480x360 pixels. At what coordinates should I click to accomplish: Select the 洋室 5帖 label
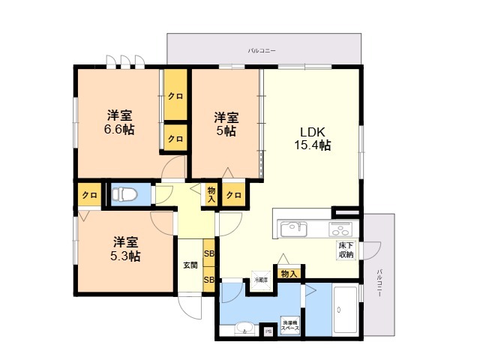click(226, 124)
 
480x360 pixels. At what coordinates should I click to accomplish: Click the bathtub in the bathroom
click(346, 310)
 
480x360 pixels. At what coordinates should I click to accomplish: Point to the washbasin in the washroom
click(244, 328)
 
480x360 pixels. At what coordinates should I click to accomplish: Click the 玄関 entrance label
click(190, 265)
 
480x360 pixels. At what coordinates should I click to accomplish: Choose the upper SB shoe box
click(209, 253)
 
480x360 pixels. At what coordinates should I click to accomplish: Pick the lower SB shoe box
click(209, 280)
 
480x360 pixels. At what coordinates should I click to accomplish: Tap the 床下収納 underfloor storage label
click(345, 250)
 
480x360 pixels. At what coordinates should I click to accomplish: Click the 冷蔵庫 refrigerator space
click(260, 280)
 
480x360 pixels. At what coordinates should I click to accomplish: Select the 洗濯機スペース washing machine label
click(290, 325)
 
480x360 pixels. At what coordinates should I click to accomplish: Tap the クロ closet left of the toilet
click(89, 195)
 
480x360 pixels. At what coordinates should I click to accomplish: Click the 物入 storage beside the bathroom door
click(288, 274)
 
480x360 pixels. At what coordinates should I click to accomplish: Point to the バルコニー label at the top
click(262, 50)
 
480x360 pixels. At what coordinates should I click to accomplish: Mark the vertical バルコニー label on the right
click(380, 283)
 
